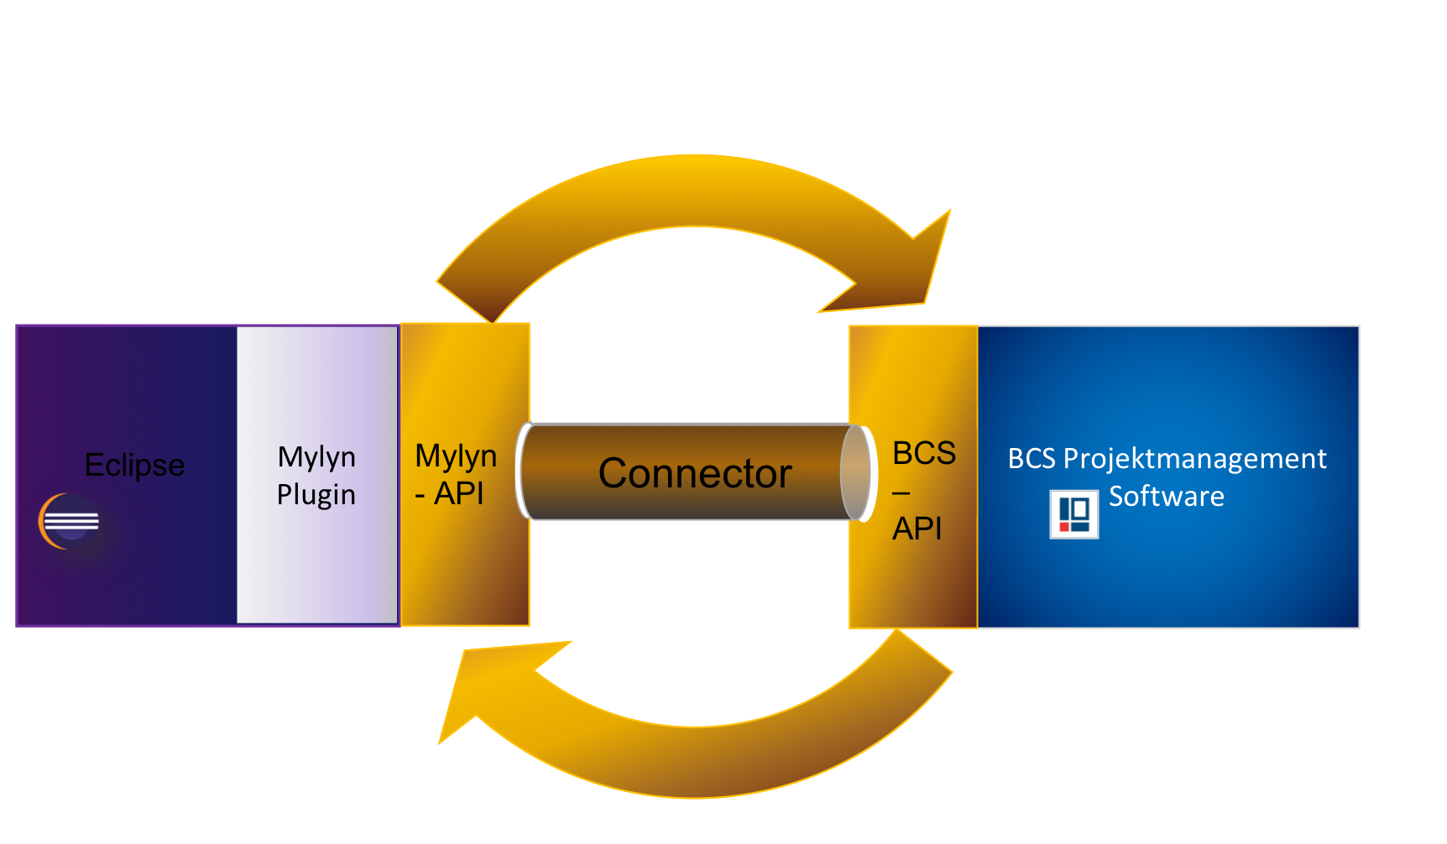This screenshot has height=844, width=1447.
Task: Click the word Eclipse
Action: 134,465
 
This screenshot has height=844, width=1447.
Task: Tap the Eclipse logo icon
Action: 69,522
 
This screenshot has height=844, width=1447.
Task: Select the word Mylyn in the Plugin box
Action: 316,457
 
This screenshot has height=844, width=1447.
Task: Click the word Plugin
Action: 316,494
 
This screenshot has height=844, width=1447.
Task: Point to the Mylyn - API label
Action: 456,475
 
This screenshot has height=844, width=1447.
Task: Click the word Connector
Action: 695,473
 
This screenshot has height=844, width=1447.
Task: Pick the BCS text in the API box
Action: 924,453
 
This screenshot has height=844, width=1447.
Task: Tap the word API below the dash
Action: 917,529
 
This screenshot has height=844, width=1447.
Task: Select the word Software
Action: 1167,496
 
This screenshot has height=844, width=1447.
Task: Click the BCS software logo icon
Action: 1074,513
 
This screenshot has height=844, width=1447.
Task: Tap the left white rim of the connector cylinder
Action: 523,471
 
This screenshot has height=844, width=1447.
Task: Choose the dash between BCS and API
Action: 901,492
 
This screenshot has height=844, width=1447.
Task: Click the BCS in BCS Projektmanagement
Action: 1032,459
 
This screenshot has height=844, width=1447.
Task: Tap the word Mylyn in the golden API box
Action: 456,456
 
